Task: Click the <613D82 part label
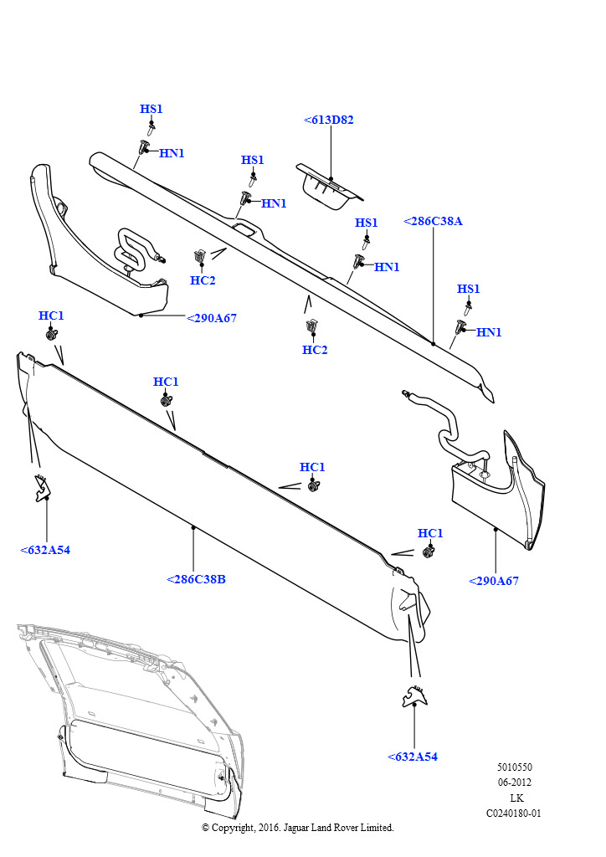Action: (x=328, y=120)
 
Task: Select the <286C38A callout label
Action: (x=433, y=221)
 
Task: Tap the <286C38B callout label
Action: (x=196, y=579)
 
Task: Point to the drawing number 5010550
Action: (x=514, y=767)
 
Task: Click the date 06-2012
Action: (x=515, y=783)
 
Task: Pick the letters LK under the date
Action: (x=516, y=798)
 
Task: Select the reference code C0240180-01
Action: (x=514, y=813)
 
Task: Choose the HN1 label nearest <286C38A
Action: (x=489, y=332)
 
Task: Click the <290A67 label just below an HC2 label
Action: (x=211, y=318)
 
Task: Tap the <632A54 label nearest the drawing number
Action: (x=413, y=757)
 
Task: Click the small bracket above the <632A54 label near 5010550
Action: (x=413, y=694)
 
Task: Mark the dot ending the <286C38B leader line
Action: (x=193, y=527)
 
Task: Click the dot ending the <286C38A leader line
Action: (x=433, y=343)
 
